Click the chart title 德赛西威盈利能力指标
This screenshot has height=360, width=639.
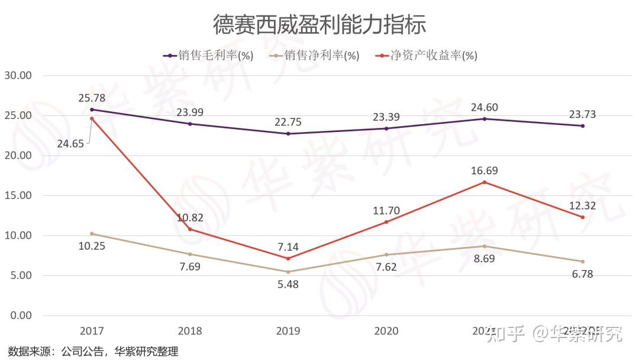pyautogui.click(x=319, y=25)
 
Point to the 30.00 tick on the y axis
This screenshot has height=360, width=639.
pyautogui.click(x=18, y=76)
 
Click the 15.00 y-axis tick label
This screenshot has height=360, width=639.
pyautogui.click(x=18, y=195)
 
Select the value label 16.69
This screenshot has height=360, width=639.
pyautogui.click(x=485, y=171)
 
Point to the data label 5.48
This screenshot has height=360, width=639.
pyautogui.click(x=288, y=284)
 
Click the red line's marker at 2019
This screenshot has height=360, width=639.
pyautogui.click(x=288, y=258)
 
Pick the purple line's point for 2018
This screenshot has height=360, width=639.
pyautogui.click(x=190, y=124)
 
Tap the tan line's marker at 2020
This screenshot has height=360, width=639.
pyautogui.click(x=386, y=255)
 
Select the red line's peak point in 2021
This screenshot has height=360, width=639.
pyautogui.click(x=485, y=182)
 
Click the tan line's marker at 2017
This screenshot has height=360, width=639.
pyautogui.click(x=92, y=233)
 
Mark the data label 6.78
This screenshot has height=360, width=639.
pyautogui.click(x=583, y=274)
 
